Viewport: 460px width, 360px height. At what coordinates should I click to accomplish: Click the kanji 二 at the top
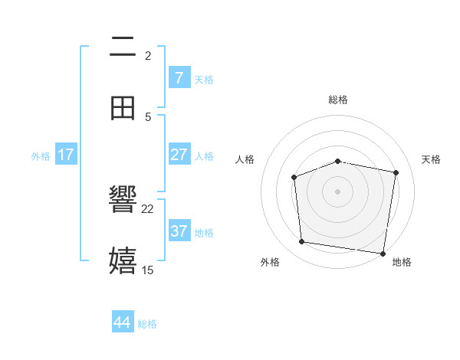point(123,47)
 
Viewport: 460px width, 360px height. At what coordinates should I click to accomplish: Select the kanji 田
point(123,108)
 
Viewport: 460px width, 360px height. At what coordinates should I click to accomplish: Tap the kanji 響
point(123,201)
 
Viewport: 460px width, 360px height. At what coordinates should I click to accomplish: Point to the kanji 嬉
point(123,261)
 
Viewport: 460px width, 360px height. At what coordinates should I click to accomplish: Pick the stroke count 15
point(148,270)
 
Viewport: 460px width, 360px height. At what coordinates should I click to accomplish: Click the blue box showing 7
point(179,77)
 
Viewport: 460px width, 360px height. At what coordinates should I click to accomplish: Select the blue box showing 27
point(179,155)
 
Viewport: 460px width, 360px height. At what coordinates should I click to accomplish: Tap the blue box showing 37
point(179,231)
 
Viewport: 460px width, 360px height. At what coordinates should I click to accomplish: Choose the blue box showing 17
point(65,155)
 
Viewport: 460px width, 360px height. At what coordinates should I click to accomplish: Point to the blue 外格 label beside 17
point(41,155)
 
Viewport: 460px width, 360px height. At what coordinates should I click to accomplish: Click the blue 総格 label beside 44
point(147,324)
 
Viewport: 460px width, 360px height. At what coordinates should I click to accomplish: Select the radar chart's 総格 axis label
point(338,100)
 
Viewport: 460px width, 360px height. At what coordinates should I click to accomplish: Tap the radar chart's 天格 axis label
point(432,159)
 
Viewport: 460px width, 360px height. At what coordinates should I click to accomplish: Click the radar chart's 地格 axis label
point(402,262)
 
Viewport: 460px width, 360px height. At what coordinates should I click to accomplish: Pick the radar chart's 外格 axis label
point(270,262)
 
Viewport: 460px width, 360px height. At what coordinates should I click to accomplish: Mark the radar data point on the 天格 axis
point(396,172)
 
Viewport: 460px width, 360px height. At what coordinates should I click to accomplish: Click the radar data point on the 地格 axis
point(382,253)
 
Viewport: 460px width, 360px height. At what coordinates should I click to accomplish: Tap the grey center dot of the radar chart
point(337,191)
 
